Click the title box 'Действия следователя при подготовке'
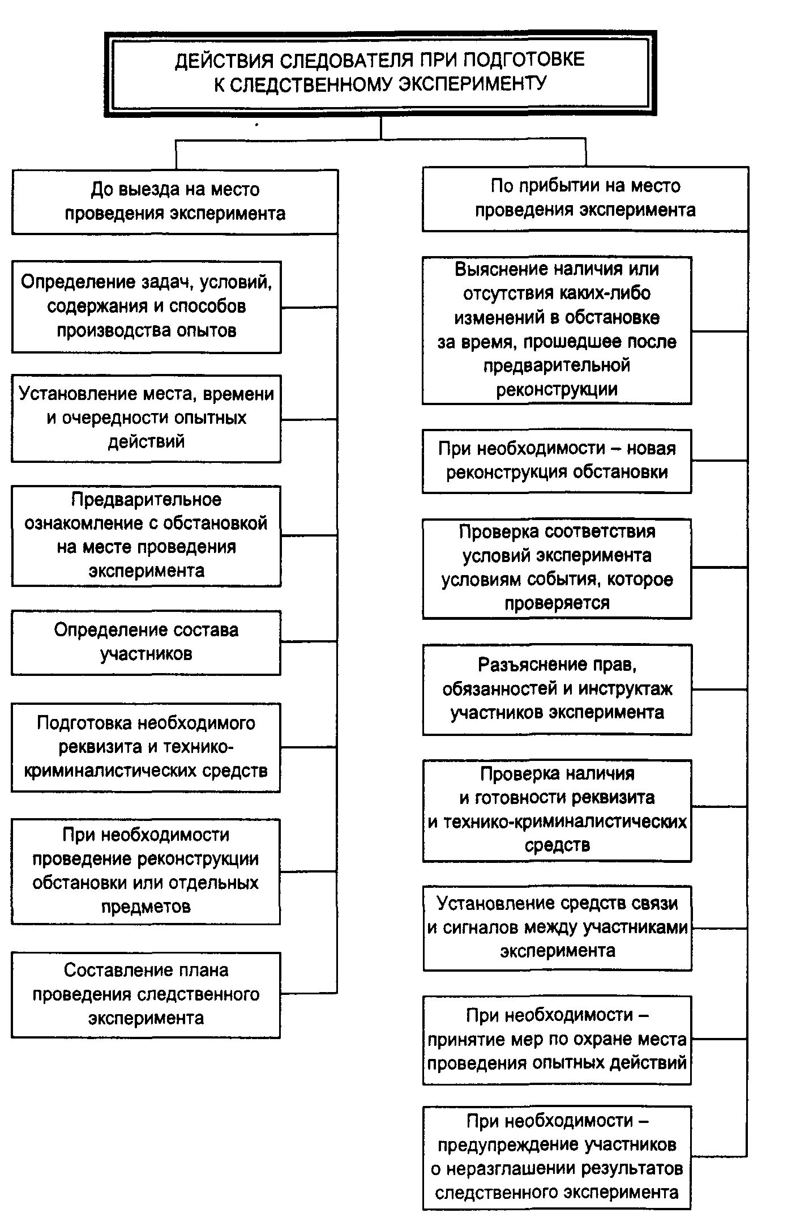[x=380, y=73]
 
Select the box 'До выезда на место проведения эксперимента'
[x=174, y=202]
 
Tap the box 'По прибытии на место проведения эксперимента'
[x=585, y=198]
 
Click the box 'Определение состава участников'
[x=146, y=642]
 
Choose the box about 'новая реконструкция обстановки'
[x=557, y=461]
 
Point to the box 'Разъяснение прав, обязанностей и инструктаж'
[x=557, y=688]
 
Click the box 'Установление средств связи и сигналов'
[x=557, y=927]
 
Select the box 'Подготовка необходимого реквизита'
[x=145, y=747]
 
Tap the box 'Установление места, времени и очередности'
[x=146, y=418]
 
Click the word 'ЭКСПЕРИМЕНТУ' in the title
[x=473, y=84]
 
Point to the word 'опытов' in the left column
[x=208, y=330]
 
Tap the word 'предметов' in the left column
[x=146, y=907]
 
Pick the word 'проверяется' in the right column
[x=557, y=603]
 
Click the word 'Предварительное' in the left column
[x=146, y=499]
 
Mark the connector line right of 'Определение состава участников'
[x=309, y=642]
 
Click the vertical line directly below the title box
[x=381, y=128]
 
